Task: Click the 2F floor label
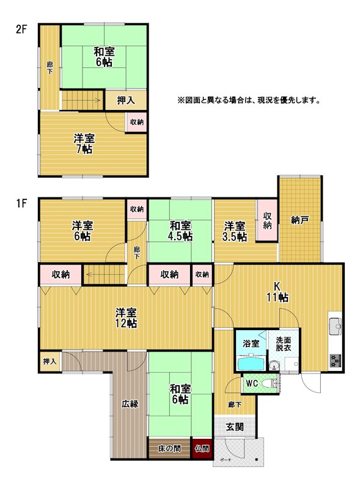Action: [x=22, y=30]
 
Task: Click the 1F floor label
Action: [x=22, y=204]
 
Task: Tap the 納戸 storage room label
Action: [x=299, y=221]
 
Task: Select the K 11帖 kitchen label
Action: [x=277, y=292]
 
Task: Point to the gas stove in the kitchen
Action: [x=336, y=361]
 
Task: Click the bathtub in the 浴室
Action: [x=251, y=363]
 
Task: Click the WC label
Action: [x=252, y=383]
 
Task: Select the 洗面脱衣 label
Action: [x=283, y=344]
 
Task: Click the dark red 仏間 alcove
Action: [x=202, y=449]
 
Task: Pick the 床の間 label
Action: [x=169, y=449]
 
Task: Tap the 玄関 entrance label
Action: [x=235, y=427]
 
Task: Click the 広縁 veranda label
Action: [x=130, y=404]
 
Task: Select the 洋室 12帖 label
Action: [x=126, y=318]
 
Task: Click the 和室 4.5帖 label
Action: [x=180, y=231]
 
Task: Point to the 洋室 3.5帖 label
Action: [x=235, y=231]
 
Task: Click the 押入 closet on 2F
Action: [x=125, y=100]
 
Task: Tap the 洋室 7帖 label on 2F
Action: [x=84, y=144]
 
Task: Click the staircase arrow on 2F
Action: [x=81, y=100]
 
